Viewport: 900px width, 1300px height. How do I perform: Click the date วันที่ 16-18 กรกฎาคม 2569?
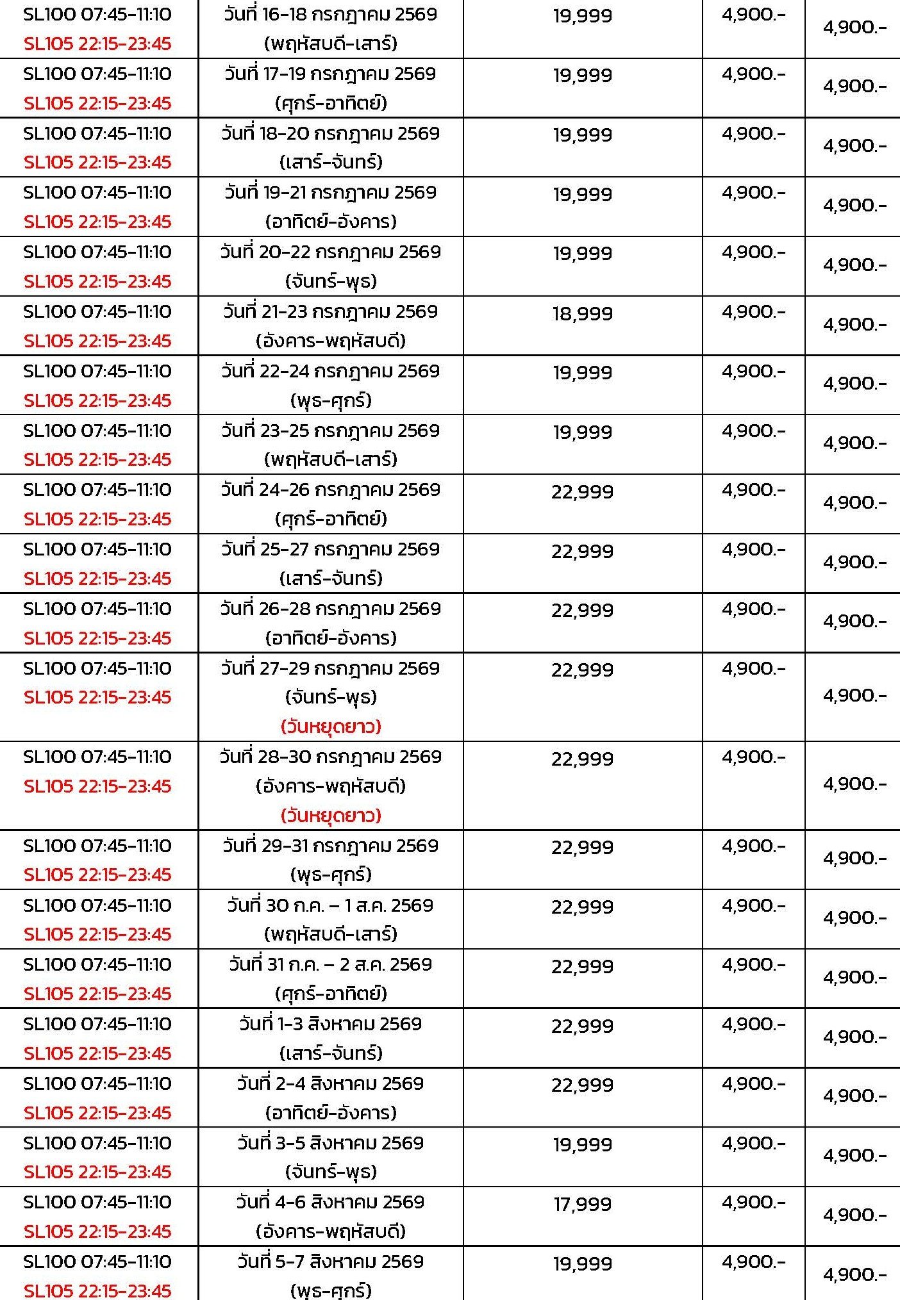point(330,14)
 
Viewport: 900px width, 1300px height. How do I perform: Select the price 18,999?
point(582,313)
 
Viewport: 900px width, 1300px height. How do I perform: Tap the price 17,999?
point(582,1203)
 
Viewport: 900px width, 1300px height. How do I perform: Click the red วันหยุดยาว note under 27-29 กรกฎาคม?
point(331,727)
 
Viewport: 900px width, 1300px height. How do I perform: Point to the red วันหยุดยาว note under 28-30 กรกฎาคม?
point(331,816)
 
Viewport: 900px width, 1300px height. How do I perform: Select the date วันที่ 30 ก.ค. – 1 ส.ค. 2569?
point(330,905)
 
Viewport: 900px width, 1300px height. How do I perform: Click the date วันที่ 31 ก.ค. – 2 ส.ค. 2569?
point(330,964)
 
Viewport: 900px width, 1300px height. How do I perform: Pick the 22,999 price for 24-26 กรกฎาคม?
point(582,491)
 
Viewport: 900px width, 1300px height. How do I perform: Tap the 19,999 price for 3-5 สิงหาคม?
point(582,1144)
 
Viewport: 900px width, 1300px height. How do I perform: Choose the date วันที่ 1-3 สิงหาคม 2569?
point(330,1024)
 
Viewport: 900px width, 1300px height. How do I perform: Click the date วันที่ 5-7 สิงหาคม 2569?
point(330,1262)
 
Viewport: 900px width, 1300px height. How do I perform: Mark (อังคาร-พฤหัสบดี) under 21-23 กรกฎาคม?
point(331,341)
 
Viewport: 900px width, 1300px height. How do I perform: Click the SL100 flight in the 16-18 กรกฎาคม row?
point(97,14)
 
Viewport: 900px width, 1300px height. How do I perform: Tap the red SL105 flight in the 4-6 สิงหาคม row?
point(97,1231)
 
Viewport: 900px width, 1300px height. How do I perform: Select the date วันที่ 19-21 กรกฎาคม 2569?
point(330,192)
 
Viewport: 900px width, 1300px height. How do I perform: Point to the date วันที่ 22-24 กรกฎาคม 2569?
point(330,371)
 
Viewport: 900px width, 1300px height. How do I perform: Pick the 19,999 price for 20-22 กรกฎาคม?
point(582,253)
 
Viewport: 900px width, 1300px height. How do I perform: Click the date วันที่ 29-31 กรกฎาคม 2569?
point(330,846)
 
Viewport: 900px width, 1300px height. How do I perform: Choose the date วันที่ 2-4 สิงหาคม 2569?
point(330,1083)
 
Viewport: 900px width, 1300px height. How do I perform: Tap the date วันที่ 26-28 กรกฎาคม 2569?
point(330,609)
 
